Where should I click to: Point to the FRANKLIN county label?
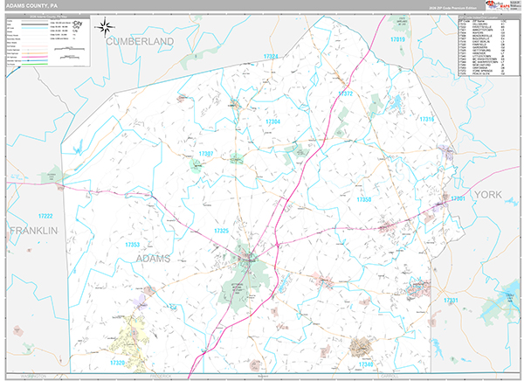[33, 230]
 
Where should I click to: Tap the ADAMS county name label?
[153, 259]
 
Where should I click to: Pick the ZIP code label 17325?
[222, 231]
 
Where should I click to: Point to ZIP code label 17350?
[364, 200]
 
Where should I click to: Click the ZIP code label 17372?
[346, 94]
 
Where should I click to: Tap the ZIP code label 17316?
[426, 119]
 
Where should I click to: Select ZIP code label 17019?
[398, 40]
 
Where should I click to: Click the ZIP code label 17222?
[45, 215]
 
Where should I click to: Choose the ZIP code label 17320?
[119, 362]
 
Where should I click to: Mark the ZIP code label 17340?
[366, 363]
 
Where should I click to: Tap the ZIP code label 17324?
[270, 57]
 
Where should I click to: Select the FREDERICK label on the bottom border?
[162, 376]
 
